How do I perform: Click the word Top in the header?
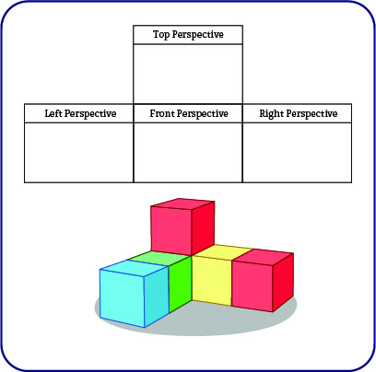(x=161, y=34)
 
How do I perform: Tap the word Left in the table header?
(x=53, y=113)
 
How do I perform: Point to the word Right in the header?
(x=272, y=114)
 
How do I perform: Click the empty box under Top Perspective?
(x=188, y=74)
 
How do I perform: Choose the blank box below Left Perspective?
(x=79, y=153)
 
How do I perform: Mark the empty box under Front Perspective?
(x=188, y=153)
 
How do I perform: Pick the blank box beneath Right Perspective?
(x=297, y=153)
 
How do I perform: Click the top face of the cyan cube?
(x=135, y=268)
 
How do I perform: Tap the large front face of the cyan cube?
(x=123, y=297)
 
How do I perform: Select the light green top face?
(x=159, y=258)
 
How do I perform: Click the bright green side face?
(x=181, y=284)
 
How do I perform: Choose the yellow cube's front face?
(x=212, y=281)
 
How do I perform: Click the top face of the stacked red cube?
(x=182, y=203)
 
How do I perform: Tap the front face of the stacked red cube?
(x=171, y=230)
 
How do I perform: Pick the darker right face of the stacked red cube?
(x=203, y=227)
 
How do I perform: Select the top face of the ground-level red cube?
(x=263, y=255)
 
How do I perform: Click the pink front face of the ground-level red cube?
(x=253, y=285)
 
